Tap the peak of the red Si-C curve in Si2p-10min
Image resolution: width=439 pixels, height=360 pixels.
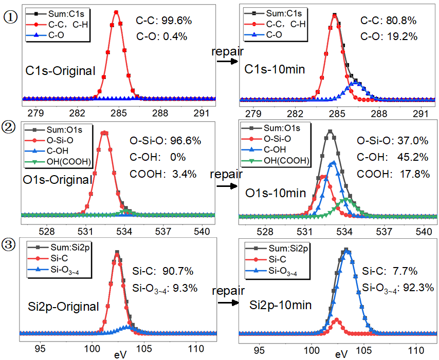[337, 319]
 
